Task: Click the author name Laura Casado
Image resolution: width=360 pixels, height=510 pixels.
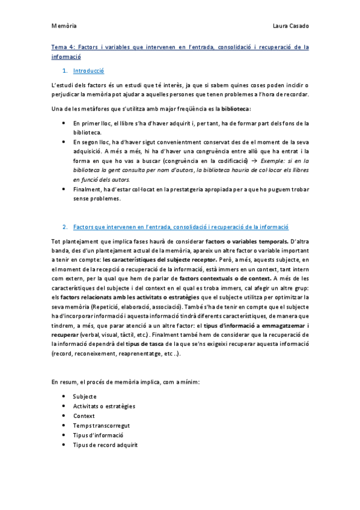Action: tap(290, 26)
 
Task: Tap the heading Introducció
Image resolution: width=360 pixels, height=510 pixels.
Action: tap(89, 71)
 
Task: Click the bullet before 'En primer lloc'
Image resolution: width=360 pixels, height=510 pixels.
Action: tap(64, 123)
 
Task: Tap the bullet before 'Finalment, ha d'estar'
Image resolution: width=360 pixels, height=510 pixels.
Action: tap(64, 189)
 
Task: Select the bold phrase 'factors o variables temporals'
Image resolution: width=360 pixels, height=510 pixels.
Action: tap(234, 241)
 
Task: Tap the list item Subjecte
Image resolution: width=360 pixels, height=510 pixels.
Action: tap(85, 396)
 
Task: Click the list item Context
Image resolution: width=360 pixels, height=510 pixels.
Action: tap(84, 416)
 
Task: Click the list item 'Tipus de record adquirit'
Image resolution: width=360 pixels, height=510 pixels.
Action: tap(105, 444)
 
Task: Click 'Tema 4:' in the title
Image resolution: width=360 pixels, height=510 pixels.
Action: tap(63, 46)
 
